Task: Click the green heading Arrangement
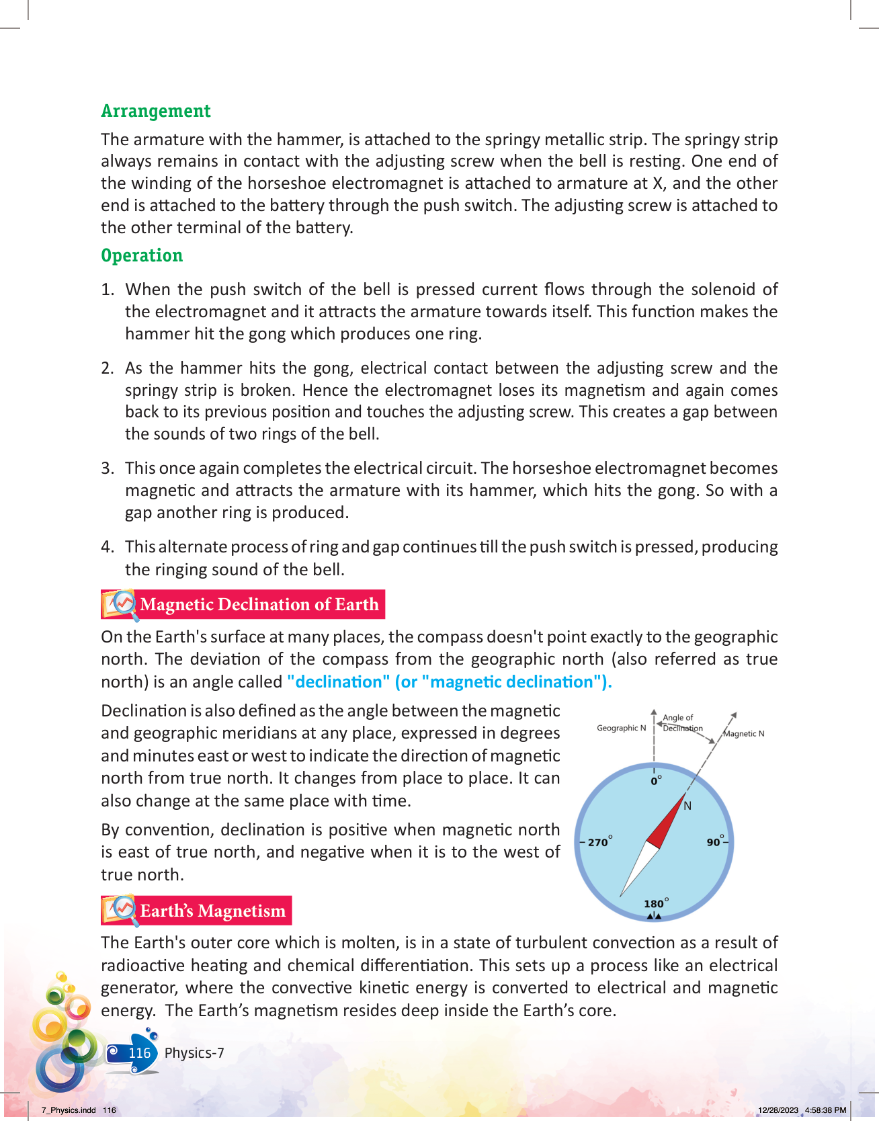[156, 111]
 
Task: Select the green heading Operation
[142, 255]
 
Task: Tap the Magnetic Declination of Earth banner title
[259, 604]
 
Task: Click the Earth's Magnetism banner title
[212, 911]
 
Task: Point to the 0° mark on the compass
[656, 781]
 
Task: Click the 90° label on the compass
[715, 841]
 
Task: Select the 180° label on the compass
[655, 903]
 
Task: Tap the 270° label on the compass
[599, 842]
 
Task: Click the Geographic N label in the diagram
[621, 728]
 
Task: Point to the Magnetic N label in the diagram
[743, 733]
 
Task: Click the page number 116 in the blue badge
[139, 1052]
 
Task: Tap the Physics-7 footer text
[194, 1052]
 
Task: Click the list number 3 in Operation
[108, 468]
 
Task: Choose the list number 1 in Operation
[108, 290]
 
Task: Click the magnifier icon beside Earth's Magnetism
[122, 910]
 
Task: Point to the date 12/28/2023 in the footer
[778, 1110]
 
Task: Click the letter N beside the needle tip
[687, 806]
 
